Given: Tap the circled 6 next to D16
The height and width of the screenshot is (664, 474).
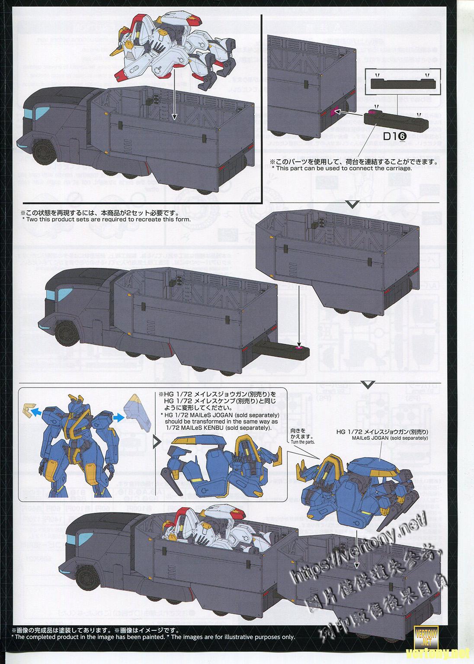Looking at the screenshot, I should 402,136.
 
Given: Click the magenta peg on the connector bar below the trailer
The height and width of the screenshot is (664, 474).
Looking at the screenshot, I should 298,347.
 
